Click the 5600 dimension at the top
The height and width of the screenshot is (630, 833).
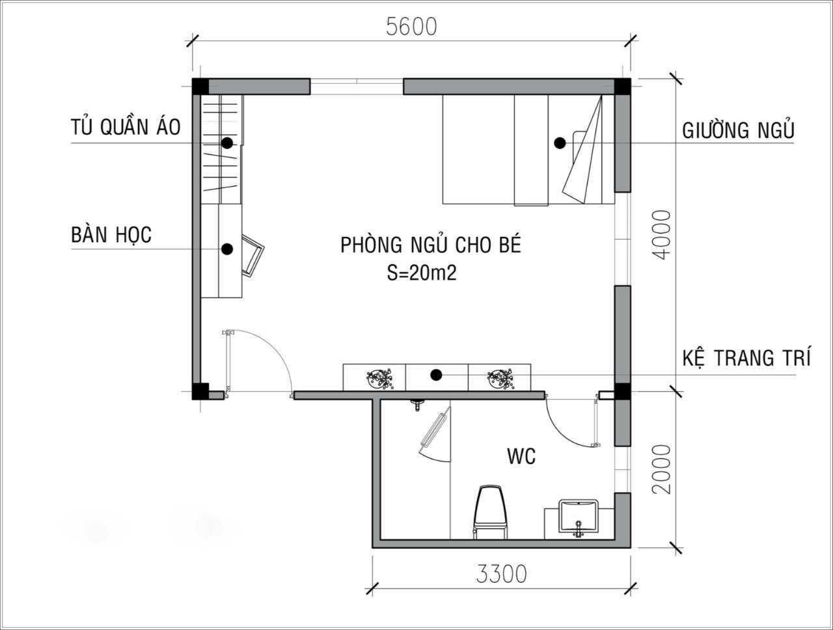[411, 27]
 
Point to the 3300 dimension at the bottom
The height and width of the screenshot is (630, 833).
[501, 574]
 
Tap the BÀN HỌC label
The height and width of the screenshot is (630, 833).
[111, 234]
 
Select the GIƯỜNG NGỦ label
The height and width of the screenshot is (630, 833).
[738, 130]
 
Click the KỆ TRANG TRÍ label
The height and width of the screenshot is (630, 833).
[746, 357]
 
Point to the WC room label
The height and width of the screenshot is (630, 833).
[521, 456]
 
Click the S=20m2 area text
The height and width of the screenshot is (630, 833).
[422, 273]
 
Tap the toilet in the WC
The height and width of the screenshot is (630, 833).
[491, 512]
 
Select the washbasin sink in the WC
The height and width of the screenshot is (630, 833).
[578, 517]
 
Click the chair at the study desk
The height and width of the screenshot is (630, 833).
[253, 254]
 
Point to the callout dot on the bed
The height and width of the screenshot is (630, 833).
[560, 143]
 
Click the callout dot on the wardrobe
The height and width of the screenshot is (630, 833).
[227, 143]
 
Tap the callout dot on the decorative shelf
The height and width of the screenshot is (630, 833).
[437, 375]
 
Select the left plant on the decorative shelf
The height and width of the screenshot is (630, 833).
[379, 378]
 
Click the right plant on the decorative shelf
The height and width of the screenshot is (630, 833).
[500, 378]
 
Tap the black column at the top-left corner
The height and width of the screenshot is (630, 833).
[200, 86]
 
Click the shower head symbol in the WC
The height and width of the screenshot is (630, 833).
[417, 405]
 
